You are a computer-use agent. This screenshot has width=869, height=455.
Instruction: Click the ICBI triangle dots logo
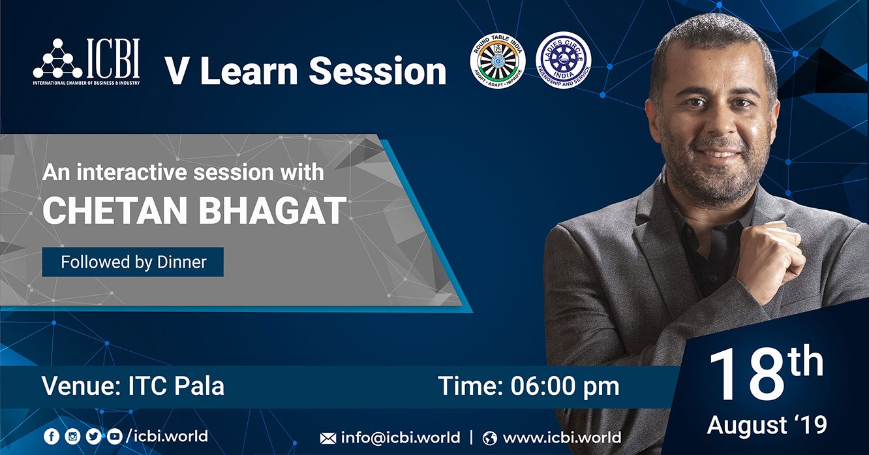click(58, 58)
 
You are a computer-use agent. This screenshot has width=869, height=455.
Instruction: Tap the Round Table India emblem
click(498, 61)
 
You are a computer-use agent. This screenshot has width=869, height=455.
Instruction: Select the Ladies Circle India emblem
click(564, 60)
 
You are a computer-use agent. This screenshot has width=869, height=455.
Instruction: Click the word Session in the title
click(378, 71)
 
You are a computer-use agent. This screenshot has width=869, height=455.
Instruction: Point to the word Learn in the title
click(249, 71)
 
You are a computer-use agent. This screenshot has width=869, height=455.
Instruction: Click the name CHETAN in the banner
click(115, 210)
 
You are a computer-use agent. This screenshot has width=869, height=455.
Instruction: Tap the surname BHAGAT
click(272, 210)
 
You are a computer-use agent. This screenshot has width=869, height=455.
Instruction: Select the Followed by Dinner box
click(132, 262)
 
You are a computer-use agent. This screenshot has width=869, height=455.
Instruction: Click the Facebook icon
click(52, 436)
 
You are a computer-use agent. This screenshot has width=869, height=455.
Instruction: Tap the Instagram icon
click(72, 436)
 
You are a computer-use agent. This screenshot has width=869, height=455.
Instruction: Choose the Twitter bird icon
click(93, 436)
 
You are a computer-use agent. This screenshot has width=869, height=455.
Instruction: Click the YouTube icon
click(114, 436)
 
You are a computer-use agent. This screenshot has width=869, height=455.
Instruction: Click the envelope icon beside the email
click(328, 438)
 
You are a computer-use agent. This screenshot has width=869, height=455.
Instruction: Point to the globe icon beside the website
click(489, 438)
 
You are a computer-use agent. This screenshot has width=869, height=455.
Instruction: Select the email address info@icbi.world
click(401, 437)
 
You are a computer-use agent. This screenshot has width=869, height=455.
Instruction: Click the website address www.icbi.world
click(562, 437)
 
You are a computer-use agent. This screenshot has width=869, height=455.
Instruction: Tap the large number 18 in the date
click(747, 374)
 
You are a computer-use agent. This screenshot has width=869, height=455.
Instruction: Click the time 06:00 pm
click(565, 386)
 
